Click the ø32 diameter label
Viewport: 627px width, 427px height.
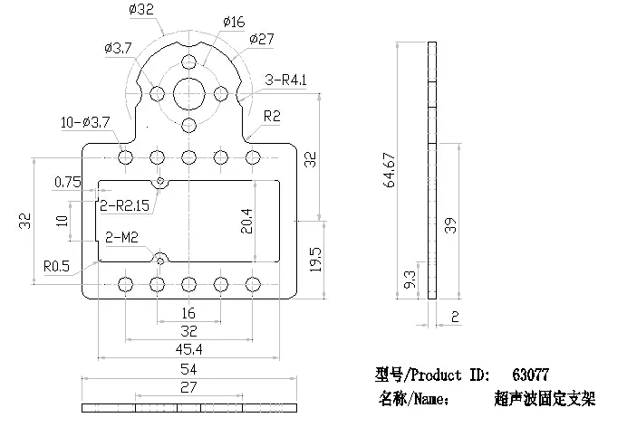click(x=141, y=9)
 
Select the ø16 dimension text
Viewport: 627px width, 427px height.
click(x=234, y=22)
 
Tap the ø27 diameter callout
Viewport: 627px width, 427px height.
click(x=262, y=39)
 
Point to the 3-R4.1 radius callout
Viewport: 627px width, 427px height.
click(x=286, y=80)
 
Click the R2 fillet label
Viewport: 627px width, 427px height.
click(x=272, y=116)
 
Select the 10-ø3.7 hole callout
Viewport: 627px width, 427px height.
click(x=85, y=122)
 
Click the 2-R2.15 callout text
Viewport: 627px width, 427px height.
click(x=124, y=205)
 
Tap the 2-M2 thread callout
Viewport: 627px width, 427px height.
click(x=121, y=237)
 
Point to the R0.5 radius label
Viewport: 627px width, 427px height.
click(x=56, y=266)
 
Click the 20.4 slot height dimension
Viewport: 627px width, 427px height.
click(x=246, y=221)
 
